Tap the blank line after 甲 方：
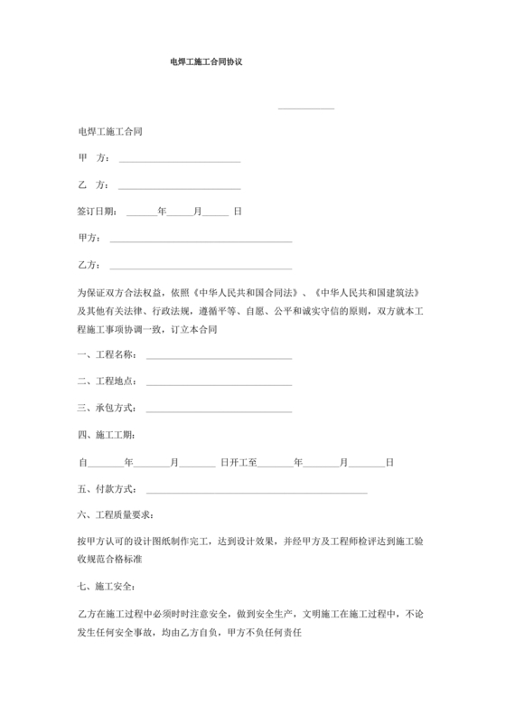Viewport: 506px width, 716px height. (180, 161)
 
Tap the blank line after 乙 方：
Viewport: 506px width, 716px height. (180, 187)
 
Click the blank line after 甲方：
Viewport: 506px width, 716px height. (200, 241)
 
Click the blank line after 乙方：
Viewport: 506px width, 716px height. (200, 268)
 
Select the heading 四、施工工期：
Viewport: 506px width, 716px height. (106, 436)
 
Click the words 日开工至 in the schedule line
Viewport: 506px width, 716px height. (239, 463)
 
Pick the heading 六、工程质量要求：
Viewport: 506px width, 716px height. (116, 516)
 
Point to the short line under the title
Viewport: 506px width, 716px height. (306, 109)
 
